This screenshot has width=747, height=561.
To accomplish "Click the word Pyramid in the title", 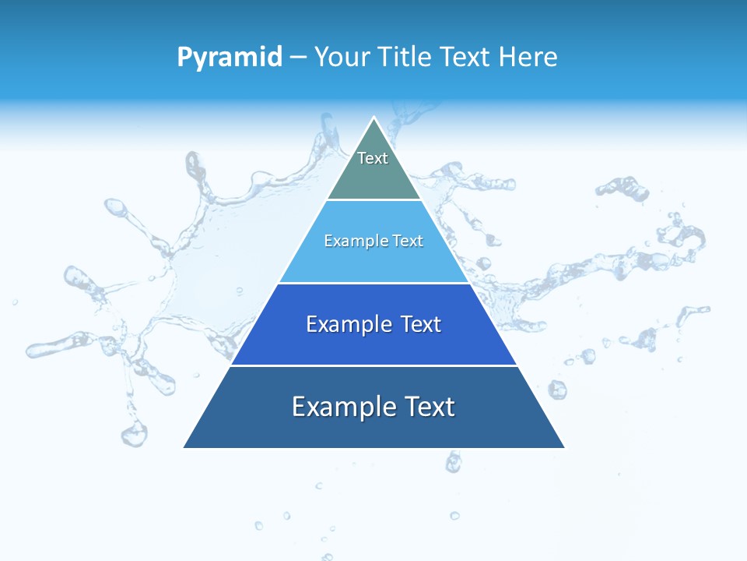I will pyautogui.click(x=230, y=57).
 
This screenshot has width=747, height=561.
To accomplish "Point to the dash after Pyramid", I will pyautogui.click(x=298, y=58).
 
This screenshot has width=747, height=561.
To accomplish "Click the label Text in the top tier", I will pyautogui.click(x=373, y=158).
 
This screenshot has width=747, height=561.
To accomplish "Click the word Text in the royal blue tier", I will pyautogui.click(x=421, y=324).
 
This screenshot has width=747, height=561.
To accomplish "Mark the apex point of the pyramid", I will pyautogui.click(x=374, y=118).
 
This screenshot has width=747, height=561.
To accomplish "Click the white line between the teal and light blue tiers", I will pyautogui.click(x=373, y=200).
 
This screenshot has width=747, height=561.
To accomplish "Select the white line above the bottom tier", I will pyautogui.click(x=373, y=365).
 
